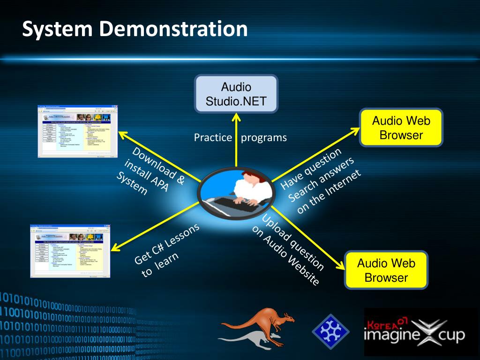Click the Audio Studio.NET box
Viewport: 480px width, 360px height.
[x=236, y=94]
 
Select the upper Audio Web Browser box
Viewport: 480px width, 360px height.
[x=401, y=128]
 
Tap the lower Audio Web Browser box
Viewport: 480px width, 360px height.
[x=386, y=270]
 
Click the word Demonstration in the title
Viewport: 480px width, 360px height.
[x=173, y=29]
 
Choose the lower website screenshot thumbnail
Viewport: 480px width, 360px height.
[x=70, y=251]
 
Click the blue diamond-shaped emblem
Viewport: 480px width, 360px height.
[x=331, y=332]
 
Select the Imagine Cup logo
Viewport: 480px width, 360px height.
[x=414, y=333]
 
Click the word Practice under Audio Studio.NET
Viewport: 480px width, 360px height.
[x=213, y=138]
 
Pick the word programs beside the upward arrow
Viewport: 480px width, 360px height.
[x=264, y=138]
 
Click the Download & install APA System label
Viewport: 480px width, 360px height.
[x=150, y=171]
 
